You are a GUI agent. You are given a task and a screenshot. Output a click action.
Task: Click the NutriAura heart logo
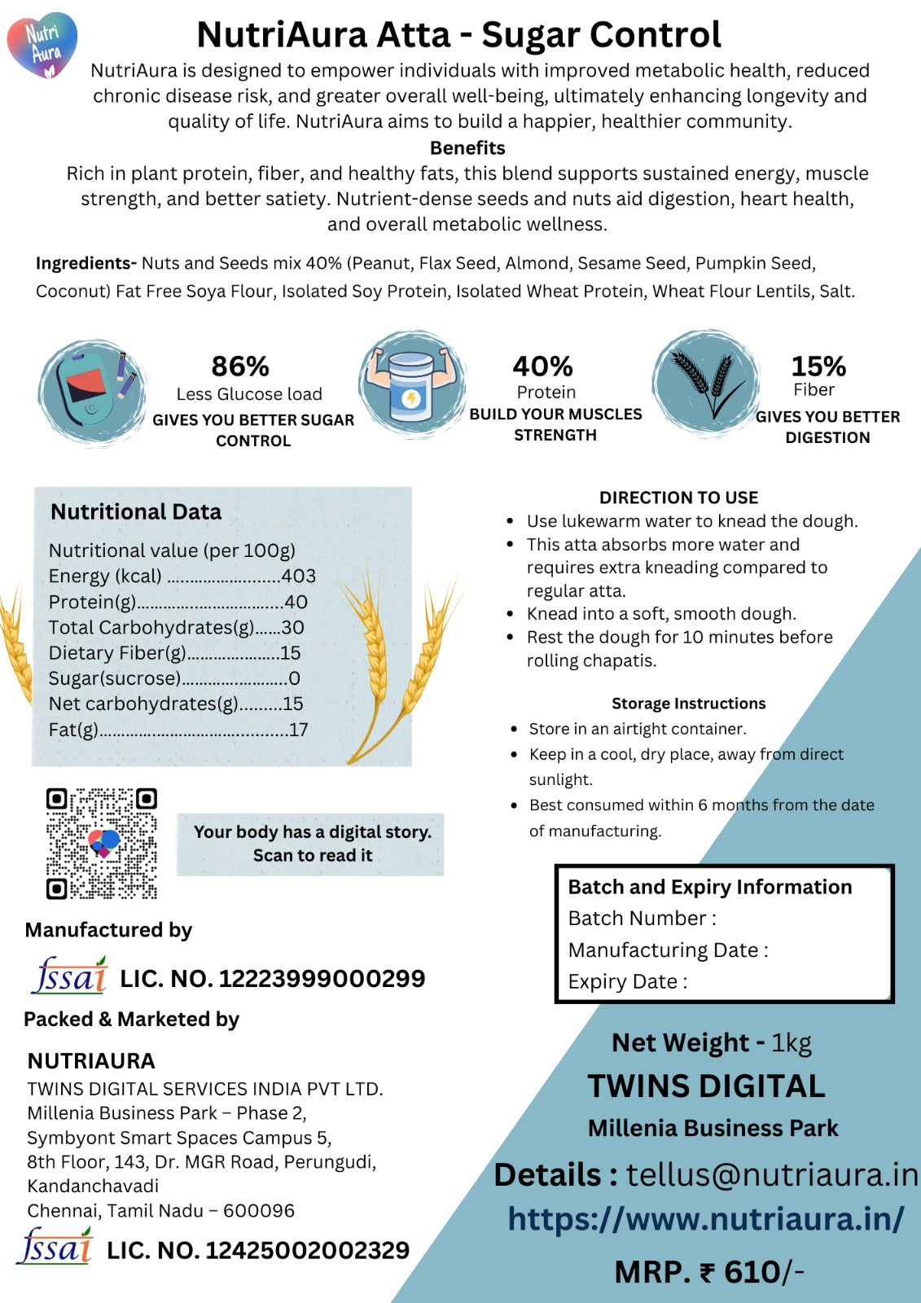coord(42,46)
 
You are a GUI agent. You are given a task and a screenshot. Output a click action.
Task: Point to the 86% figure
coord(240,366)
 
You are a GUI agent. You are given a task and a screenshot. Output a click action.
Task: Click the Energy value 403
coord(298,576)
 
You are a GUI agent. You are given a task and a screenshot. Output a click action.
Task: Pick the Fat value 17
coord(298,730)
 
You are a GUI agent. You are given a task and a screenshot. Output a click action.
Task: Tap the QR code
coord(101,843)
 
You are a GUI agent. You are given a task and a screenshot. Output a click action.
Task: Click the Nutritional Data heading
coord(136,511)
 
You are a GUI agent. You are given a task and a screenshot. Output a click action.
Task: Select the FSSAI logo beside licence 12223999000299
coord(69,976)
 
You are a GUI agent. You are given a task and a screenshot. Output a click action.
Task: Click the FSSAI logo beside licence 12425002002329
coord(55,1247)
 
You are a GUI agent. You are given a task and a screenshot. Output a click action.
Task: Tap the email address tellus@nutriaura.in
coord(771,1174)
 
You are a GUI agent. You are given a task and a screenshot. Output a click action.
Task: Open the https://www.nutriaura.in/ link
coord(705,1219)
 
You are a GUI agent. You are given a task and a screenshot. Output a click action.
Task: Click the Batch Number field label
coord(642,919)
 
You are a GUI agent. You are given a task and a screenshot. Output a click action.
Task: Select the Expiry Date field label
coord(627,982)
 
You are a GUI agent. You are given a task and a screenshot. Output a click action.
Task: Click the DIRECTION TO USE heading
coord(678,498)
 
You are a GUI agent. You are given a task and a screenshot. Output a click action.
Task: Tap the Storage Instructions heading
coord(688,704)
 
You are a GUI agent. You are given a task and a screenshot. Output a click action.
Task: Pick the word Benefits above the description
coord(467,148)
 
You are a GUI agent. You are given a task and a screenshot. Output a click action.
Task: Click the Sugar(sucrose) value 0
coord(294,678)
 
